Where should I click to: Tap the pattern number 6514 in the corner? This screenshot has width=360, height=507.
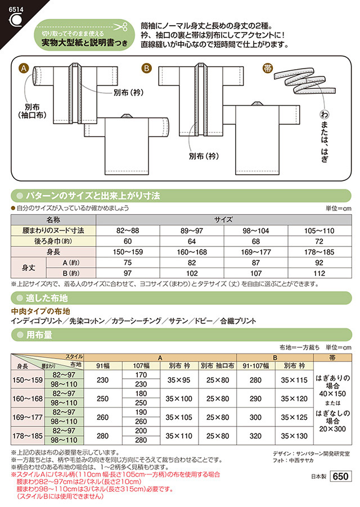(16, 10)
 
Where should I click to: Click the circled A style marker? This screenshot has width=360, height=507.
(24, 68)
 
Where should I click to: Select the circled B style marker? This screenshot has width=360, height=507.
(146, 68)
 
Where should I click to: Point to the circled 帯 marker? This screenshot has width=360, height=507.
(268, 68)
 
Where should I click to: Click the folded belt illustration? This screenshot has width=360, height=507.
(304, 81)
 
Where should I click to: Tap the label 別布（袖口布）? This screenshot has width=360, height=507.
(32, 111)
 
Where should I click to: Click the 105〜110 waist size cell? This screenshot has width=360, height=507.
(319, 230)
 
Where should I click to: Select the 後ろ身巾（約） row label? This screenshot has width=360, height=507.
(53, 241)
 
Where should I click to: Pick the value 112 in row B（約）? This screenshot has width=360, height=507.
(319, 273)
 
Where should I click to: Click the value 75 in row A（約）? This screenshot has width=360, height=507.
(128, 262)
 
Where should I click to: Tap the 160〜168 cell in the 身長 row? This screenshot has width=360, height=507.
(191, 252)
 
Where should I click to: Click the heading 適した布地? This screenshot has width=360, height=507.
(47, 298)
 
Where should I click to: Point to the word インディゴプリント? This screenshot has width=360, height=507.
(37, 321)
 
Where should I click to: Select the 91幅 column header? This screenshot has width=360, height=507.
(103, 366)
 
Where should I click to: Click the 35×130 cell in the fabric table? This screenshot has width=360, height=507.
(294, 436)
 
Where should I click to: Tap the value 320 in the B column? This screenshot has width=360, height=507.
(255, 436)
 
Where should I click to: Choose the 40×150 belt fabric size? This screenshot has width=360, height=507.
(332, 394)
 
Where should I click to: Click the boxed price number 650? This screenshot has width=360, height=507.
(340, 476)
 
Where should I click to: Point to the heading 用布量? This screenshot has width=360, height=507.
(39, 334)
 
